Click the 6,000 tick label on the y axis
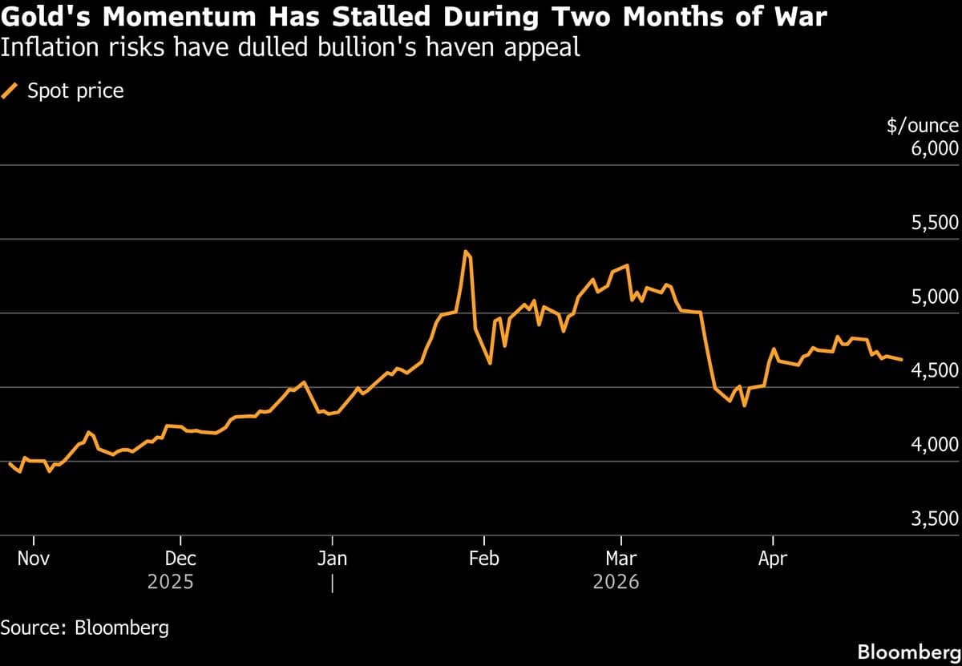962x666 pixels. [935, 148]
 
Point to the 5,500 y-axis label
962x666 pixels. [935, 223]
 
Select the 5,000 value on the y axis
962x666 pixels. [935, 297]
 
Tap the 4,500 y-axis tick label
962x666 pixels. [935, 371]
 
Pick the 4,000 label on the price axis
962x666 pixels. [935, 446]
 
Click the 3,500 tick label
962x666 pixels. [935, 519]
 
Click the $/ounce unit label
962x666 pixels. [922, 126]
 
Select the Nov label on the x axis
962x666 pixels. [34, 558]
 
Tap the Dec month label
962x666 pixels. [180, 558]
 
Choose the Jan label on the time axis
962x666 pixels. [332, 558]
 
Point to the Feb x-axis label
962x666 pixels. [483, 558]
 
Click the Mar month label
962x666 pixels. [621, 558]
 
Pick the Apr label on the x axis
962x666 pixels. [772, 558]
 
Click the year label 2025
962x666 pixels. [170, 582]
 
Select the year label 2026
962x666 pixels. [616, 582]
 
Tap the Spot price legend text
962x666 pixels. [75, 91]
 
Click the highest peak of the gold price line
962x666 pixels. [466, 252]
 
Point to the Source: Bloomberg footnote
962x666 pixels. [85, 627]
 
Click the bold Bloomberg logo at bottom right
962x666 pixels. [908, 652]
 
